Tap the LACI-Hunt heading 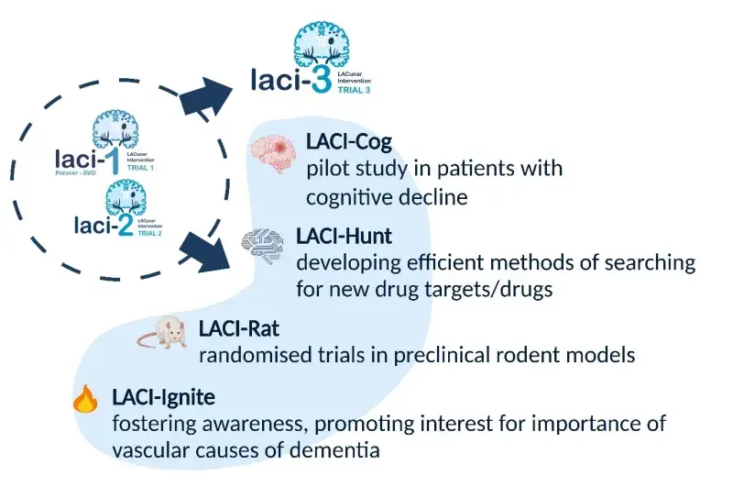pyautogui.click(x=344, y=237)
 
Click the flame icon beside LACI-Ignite pyautogui.click(x=84, y=400)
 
